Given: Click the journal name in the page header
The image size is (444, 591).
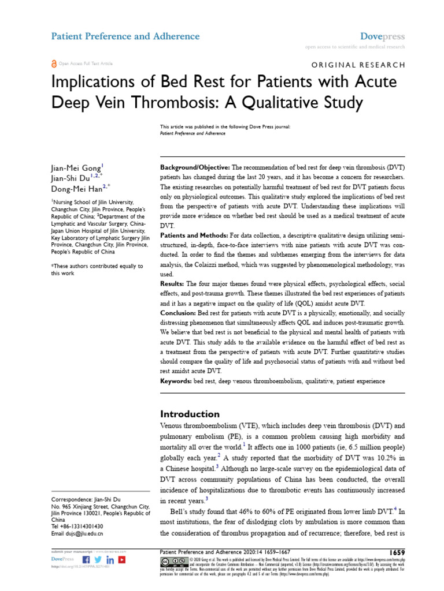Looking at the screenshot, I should point(125,36).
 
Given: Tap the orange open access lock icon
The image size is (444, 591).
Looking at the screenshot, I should point(54,63).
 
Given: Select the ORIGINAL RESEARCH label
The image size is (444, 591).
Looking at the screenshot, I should point(358,65).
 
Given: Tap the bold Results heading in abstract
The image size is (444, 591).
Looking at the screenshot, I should point(171,285).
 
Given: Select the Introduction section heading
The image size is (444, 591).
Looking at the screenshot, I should point(190,414).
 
